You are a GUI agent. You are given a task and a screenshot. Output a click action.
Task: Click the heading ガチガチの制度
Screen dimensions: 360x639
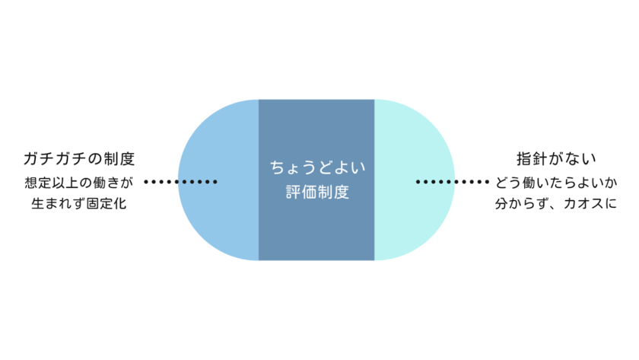tap(79, 160)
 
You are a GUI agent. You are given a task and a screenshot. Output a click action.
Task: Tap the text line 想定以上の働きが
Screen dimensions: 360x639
tap(79, 183)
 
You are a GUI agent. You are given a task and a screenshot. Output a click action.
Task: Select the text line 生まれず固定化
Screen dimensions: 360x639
tap(79, 203)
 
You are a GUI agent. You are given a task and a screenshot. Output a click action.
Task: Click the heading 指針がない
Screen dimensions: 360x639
tap(555, 160)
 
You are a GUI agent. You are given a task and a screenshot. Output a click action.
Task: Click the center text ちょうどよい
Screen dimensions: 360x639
tap(315, 166)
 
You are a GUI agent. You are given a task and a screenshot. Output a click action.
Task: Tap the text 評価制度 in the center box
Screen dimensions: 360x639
tap(315, 193)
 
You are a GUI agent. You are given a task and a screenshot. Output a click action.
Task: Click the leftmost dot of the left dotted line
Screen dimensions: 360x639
tap(146, 182)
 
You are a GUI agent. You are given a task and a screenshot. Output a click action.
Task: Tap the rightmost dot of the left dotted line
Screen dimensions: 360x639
tap(215, 182)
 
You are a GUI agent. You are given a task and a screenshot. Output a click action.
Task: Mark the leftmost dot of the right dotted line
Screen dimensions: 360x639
tap(418, 182)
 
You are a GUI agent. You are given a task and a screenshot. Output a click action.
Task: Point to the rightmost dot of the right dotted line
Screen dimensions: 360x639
tap(487, 182)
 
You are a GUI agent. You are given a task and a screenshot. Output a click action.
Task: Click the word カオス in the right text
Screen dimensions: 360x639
tap(579, 203)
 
